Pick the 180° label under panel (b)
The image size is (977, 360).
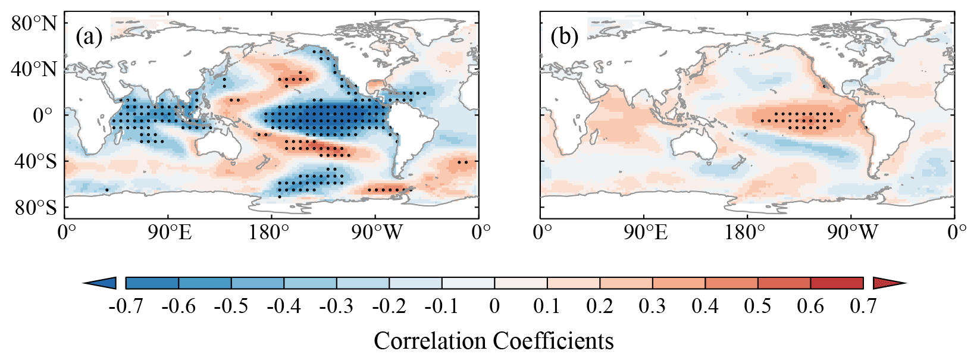(x=746, y=232)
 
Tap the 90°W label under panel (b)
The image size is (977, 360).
(x=851, y=232)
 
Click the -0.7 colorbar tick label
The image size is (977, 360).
(x=126, y=306)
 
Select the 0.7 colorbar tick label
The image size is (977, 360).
(x=863, y=306)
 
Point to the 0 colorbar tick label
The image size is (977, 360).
(x=494, y=306)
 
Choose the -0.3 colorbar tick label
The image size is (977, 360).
(x=336, y=306)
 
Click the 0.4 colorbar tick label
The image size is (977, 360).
(x=705, y=306)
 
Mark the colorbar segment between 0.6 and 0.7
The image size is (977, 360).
(x=837, y=283)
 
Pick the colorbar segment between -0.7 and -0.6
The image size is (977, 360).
(x=152, y=283)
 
